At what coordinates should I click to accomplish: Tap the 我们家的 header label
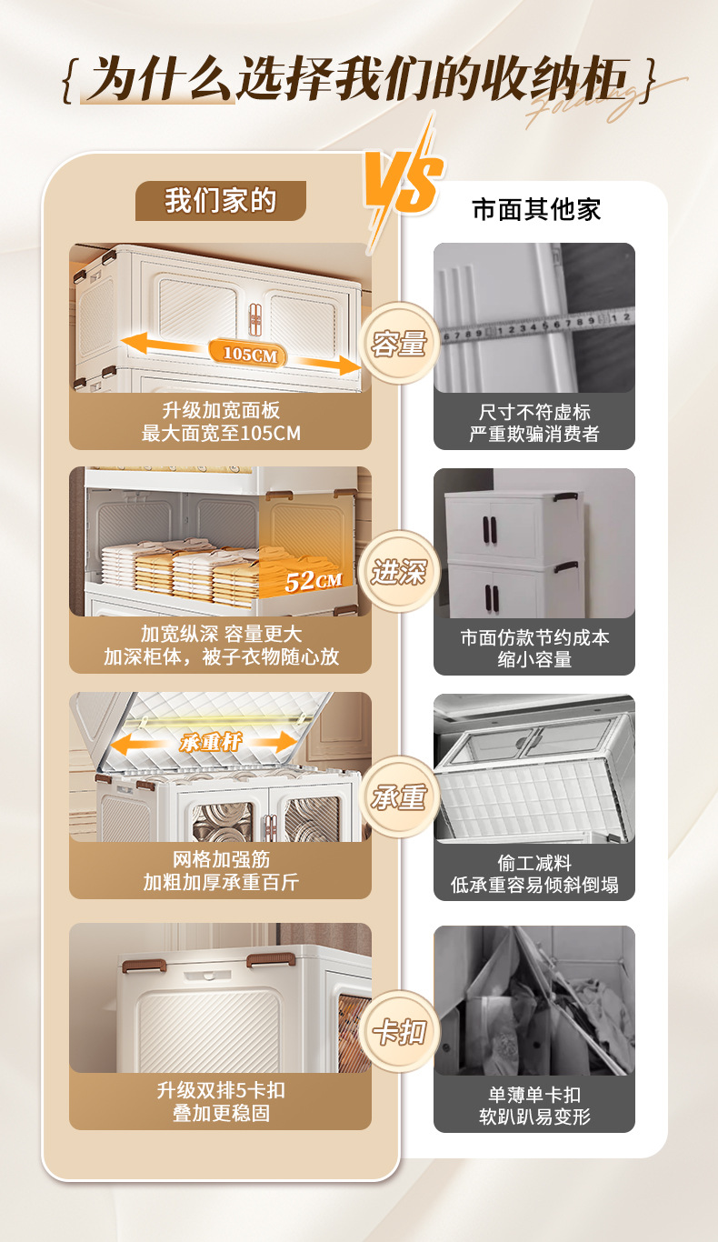220,200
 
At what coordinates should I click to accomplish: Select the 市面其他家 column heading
536,209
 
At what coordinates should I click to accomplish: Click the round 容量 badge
399,344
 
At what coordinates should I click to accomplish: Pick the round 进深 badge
399,572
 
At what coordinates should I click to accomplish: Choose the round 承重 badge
399,797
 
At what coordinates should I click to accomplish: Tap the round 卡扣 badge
399,1032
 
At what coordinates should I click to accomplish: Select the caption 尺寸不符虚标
534,412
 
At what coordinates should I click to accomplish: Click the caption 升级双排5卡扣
221,1090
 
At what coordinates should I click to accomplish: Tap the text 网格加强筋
221,859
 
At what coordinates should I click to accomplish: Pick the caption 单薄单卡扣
534,1094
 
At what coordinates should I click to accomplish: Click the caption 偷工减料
534,862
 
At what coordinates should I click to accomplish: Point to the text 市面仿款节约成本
534,637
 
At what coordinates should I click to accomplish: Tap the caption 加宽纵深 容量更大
221,634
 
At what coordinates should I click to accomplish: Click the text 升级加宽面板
221,412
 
